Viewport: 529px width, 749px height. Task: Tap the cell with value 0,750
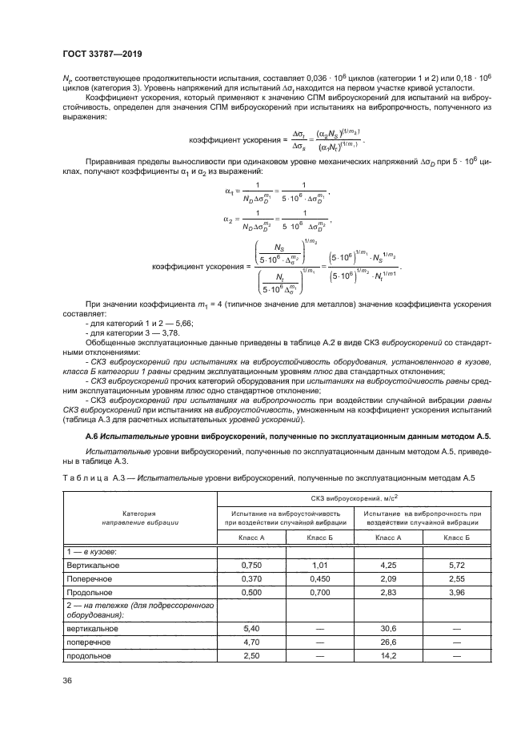coord(251,566)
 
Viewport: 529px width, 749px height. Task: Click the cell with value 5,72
coord(456,566)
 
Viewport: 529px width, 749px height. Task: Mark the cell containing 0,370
coord(251,578)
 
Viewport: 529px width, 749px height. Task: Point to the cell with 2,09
coord(388,578)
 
